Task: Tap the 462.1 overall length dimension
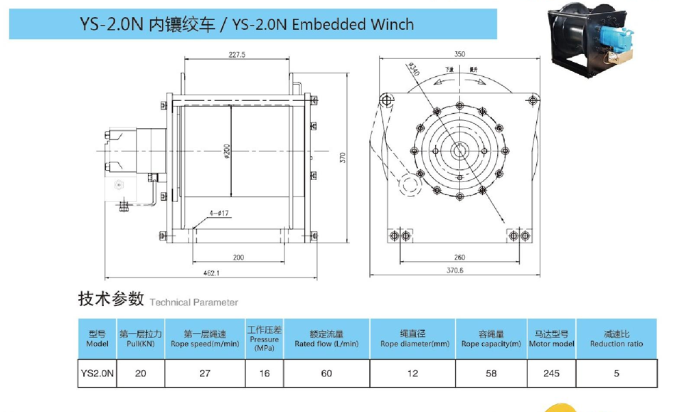(210, 272)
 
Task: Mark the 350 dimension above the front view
(460, 53)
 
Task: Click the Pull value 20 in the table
(141, 373)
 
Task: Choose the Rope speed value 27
(205, 373)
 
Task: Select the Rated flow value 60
(326, 373)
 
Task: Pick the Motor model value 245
(550, 373)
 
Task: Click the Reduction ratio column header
(616, 339)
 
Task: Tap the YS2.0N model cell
(97, 373)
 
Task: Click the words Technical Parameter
(193, 302)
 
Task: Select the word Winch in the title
(391, 24)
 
